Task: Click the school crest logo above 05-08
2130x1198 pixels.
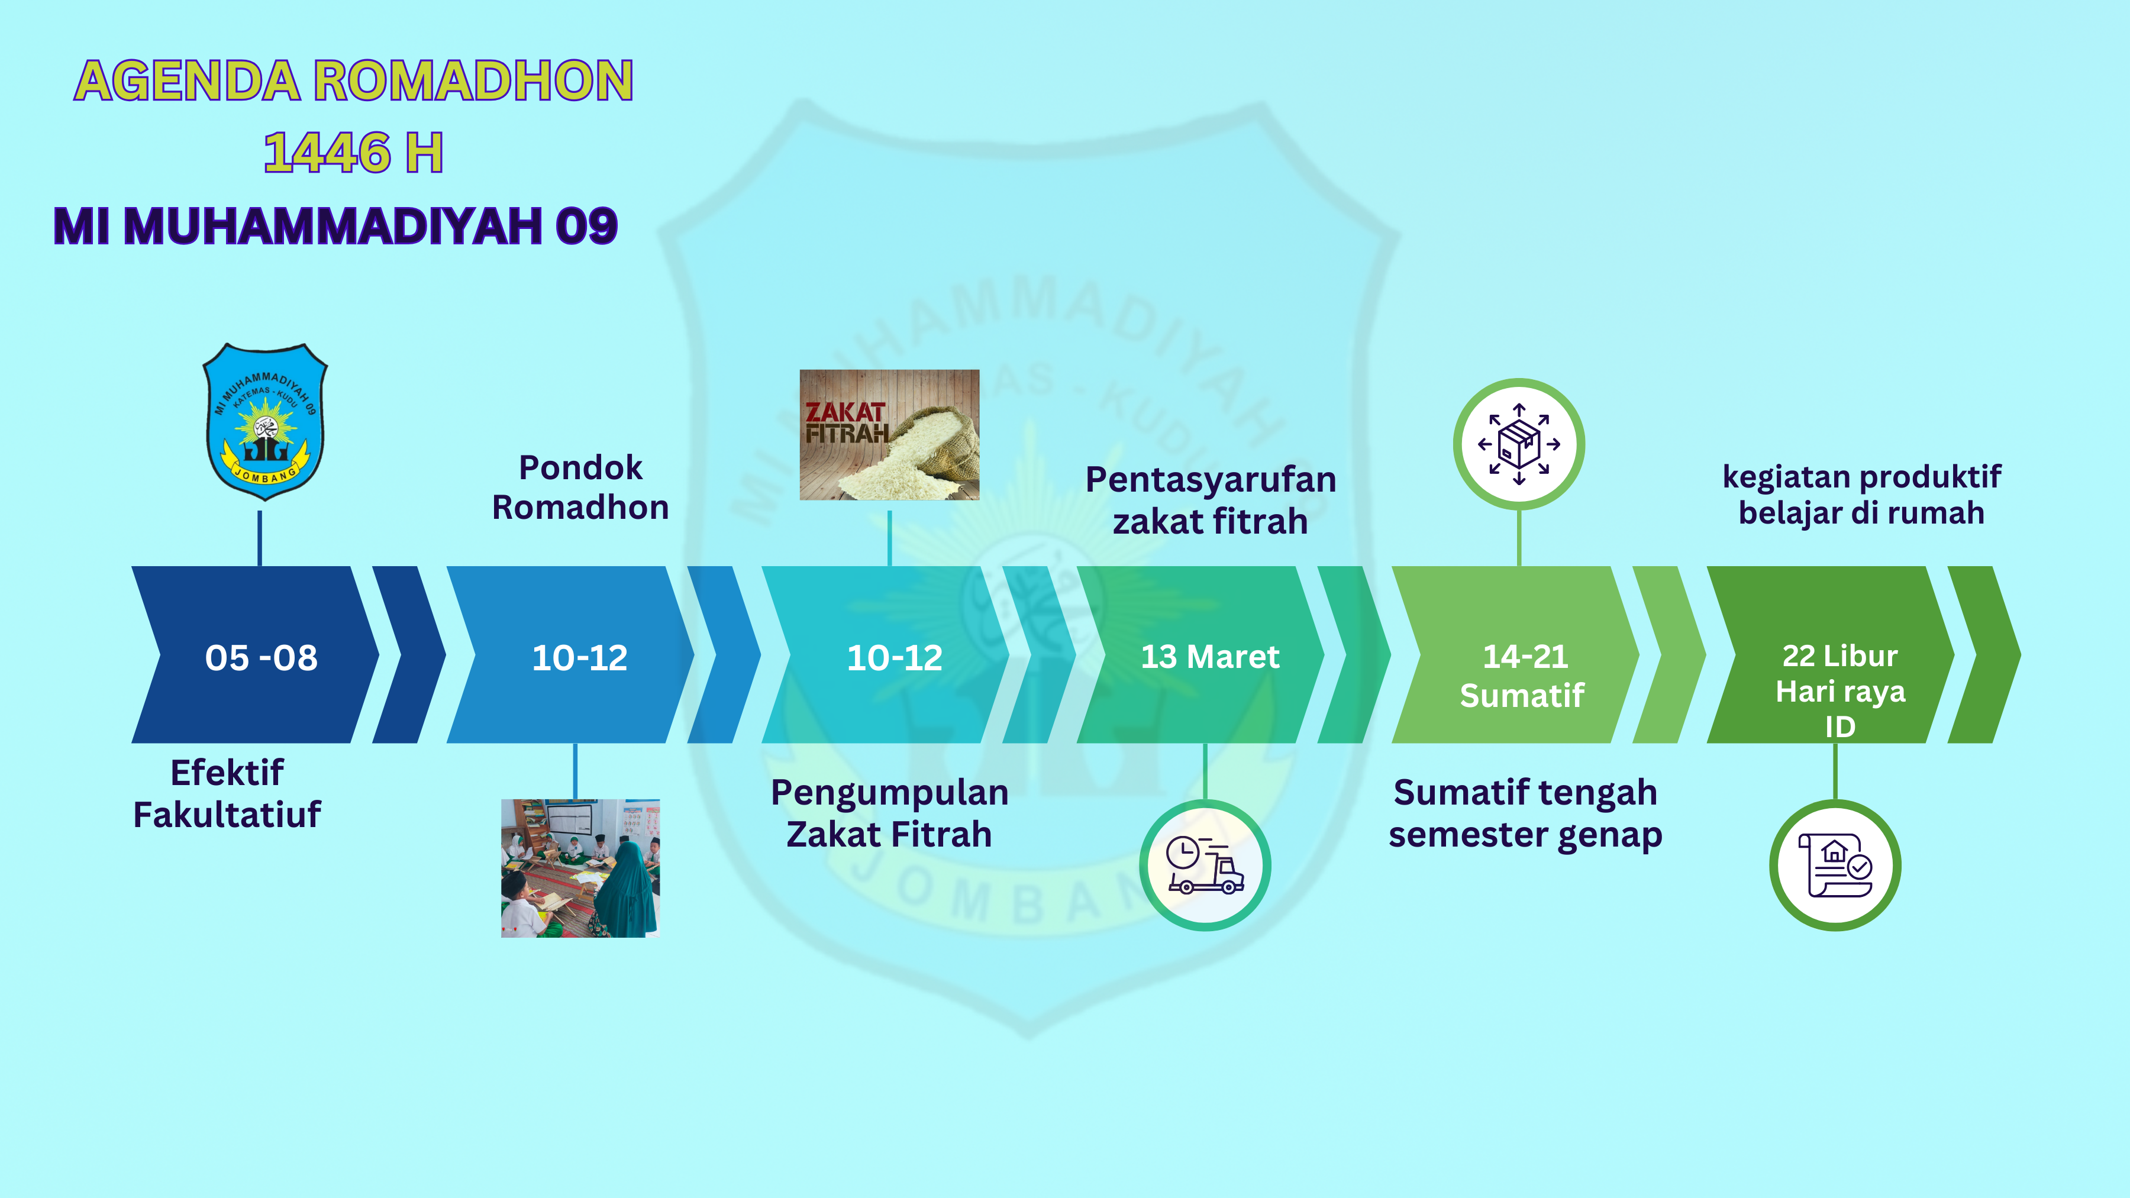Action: point(264,422)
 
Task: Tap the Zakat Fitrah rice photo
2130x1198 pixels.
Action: point(890,435)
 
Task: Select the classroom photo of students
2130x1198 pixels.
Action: point(580,868)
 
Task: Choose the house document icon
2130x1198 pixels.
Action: point(1835,865)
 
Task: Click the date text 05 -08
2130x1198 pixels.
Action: point(262,658)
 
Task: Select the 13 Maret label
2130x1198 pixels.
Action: point(1210,657)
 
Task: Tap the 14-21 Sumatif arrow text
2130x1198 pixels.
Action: point(1523,676)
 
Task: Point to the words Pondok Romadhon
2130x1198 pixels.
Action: point(580,488)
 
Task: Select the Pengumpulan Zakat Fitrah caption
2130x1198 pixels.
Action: point(890,813)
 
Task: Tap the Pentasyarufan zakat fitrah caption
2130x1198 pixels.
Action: point(1211,500)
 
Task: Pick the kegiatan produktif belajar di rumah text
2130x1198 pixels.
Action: point(1861,495)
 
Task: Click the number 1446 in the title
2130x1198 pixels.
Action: point(327,153)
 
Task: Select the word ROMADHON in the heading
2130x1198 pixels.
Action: point(474,81)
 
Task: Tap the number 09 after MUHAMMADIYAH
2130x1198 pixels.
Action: point(586,226)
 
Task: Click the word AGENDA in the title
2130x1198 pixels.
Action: point(187,81)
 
